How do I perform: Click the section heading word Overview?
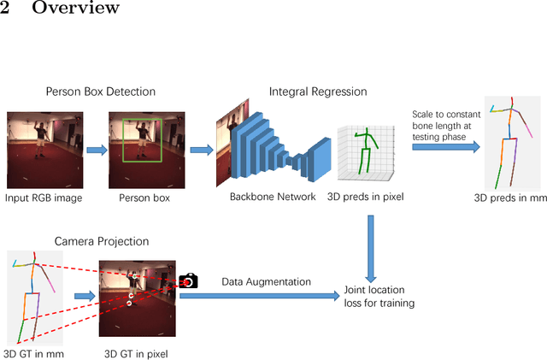76,9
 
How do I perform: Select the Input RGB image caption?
42,197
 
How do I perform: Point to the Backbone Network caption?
273,197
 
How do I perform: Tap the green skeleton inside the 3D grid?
366,148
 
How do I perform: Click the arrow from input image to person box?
95,150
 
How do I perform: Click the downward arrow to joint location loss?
370,248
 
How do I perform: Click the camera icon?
188,280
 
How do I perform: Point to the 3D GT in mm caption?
35,351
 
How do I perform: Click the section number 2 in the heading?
5,9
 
